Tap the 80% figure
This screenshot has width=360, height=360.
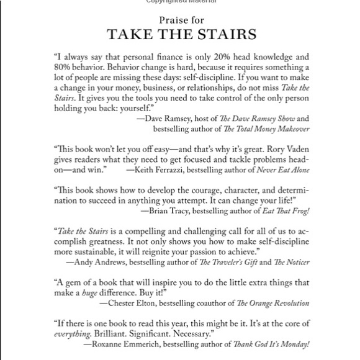tap(64, 66)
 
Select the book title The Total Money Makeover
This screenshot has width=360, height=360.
tap(269, 128)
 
